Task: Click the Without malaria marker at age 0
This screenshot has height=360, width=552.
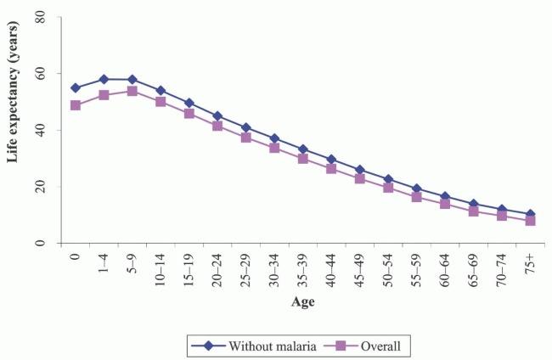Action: tap(76, 88)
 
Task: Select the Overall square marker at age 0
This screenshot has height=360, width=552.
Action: tap(76, 105)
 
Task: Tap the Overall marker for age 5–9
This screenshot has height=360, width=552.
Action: tap(132, 91)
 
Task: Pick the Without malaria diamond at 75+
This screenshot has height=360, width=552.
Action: tap(530, 214)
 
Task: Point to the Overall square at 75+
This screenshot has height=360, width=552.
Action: tap(530, 220)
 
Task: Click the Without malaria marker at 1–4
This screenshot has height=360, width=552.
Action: tap(104, 80)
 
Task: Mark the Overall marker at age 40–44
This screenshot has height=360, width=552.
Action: tap(331, 168)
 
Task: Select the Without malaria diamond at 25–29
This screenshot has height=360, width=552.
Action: tap(246, 127)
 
